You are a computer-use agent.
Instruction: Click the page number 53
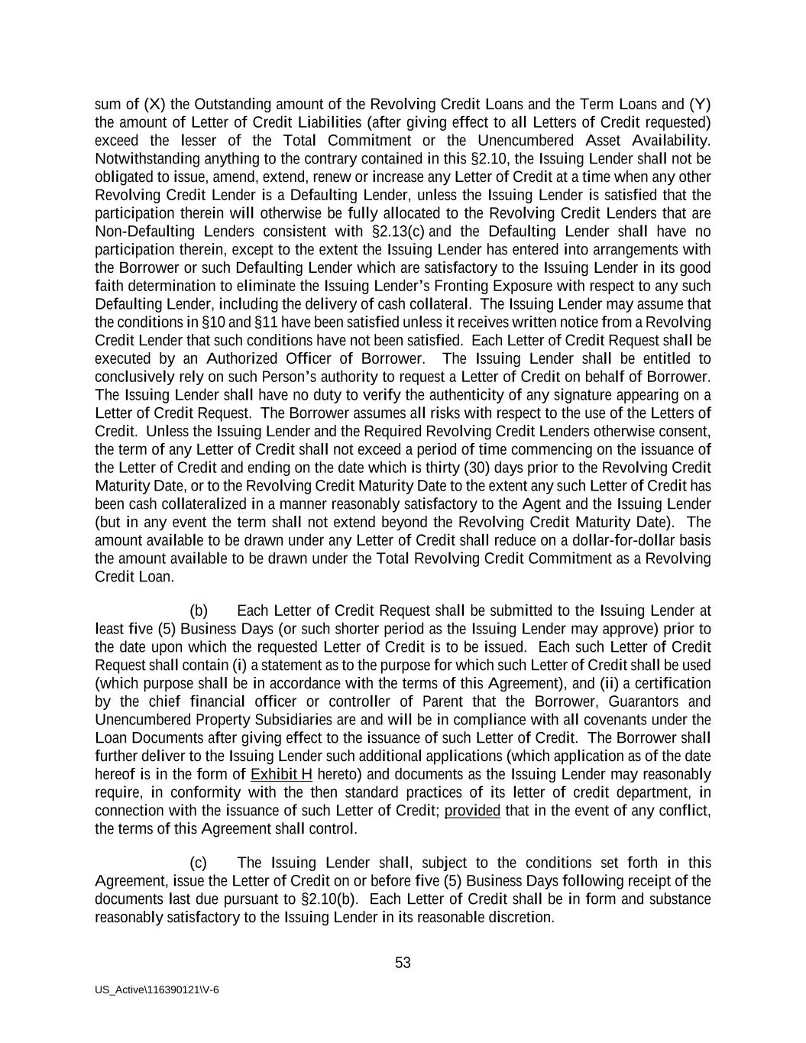pyautogui.click(x=403, y=963)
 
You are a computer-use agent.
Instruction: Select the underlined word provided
pyautogui.click(x=472, y=811)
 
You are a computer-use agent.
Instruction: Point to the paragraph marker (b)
pyautogui.click(x=199, y=611)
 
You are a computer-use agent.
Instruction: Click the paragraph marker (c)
pyautogui.click(x=198, y=863)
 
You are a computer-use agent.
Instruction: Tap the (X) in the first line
pyautogui.click(x=154, y=104)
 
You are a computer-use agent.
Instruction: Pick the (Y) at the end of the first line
pyautogui.click(x=701, y=104)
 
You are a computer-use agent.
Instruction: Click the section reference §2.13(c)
pyautogui.click(x=398, y=231)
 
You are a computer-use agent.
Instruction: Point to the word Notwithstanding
pyautogui.click(x=144, y=159)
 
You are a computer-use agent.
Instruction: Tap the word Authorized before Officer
pyautogui.click(x=242, y=358)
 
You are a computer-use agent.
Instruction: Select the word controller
pyautogui.click(x=363, y=701)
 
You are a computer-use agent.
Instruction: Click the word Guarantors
pyautogui.click(x=643, y=701)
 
